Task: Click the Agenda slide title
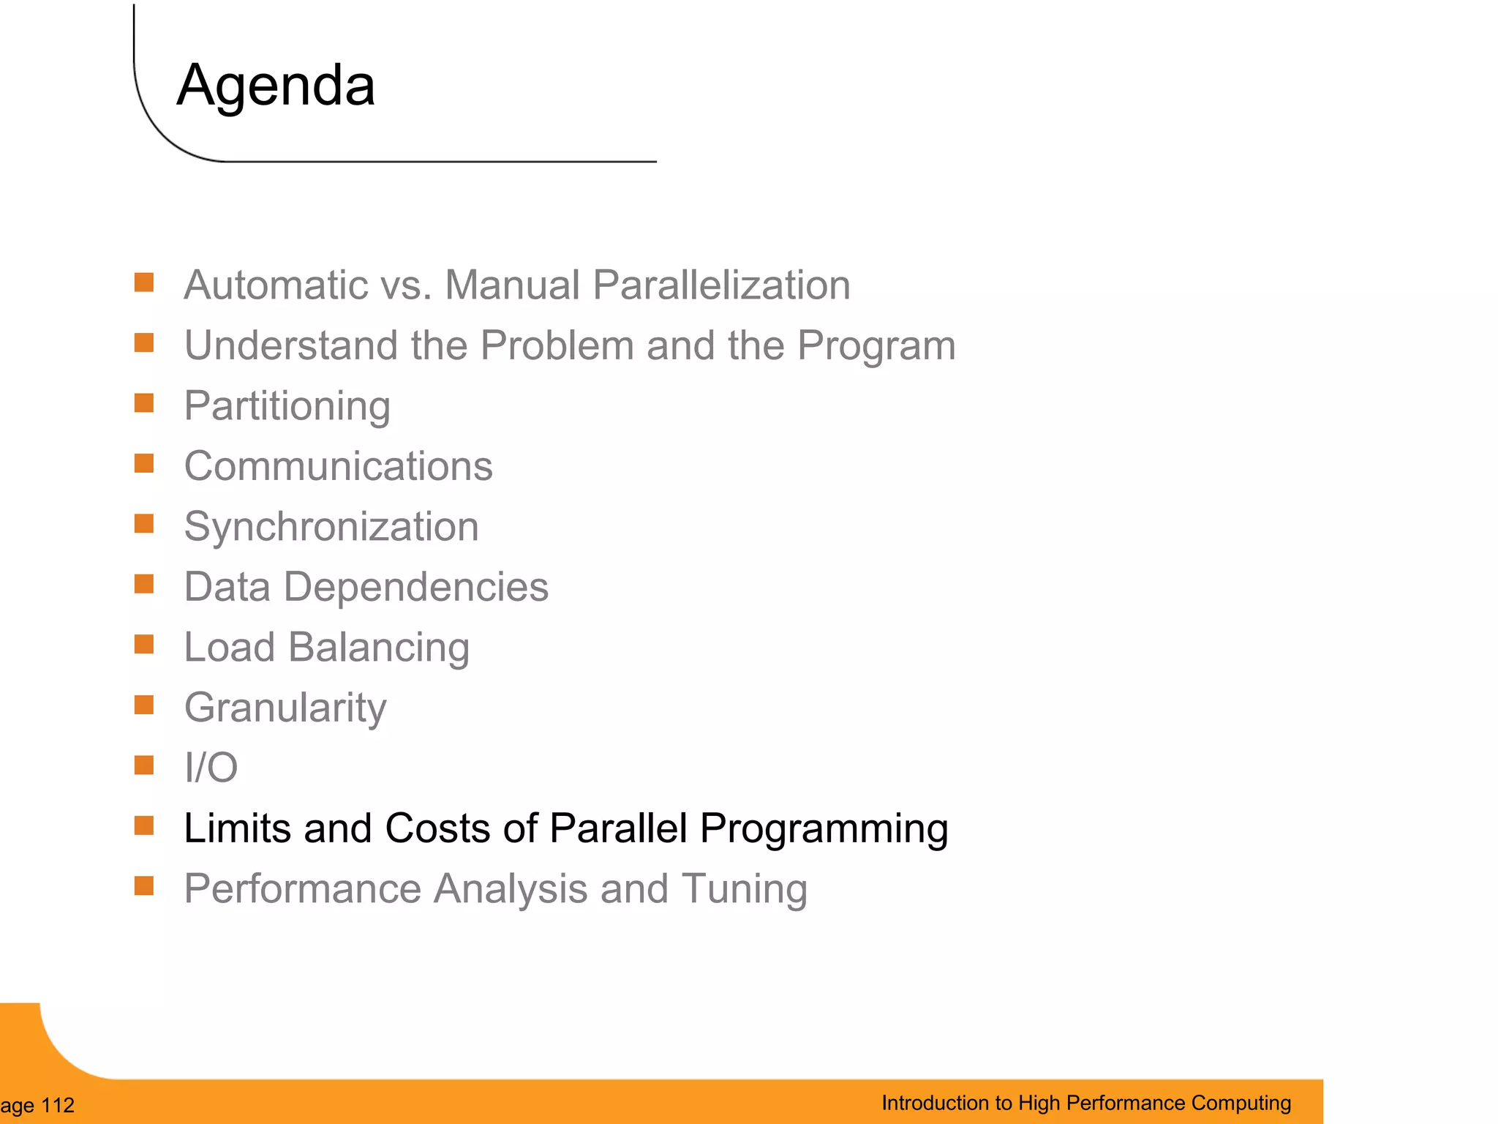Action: click(x=276, y=86)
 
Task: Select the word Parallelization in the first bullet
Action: click(x=721, y=285)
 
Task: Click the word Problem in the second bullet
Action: click(x=557, y=345)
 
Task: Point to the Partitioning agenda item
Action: click(x=287, y=406)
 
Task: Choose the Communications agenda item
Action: click(x=338, y=466)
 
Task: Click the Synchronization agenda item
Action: click(x=331, y=527)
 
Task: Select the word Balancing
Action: click(x=378, y=648)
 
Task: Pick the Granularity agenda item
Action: click(x=285, y=708)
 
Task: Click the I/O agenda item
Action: click(x=211, y=768)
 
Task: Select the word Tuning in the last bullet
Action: click(x=744, y=889)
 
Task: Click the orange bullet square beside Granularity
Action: click(x=144, y=705)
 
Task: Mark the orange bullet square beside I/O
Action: click(x=144, y=765)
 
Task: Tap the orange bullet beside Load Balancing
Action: click(x=144, y=645)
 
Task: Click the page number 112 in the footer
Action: click(x=58, y=1105)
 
